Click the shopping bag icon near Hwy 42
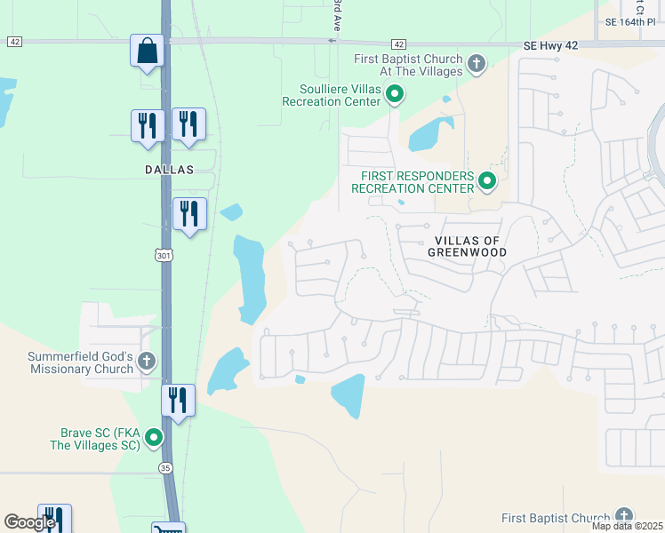[147, 52]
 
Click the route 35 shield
[165, 467]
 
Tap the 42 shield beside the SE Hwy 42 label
[398, 44]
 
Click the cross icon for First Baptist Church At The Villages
[477, 64]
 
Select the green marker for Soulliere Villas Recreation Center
[396, 93]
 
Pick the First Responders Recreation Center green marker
[487, 182]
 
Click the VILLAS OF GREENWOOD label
[470, 246]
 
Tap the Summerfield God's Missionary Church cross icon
[147, 362]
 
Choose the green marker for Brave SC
[154, 438]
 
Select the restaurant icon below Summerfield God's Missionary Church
[178, 402]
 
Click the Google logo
[29, 522]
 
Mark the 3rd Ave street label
[337, 18]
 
